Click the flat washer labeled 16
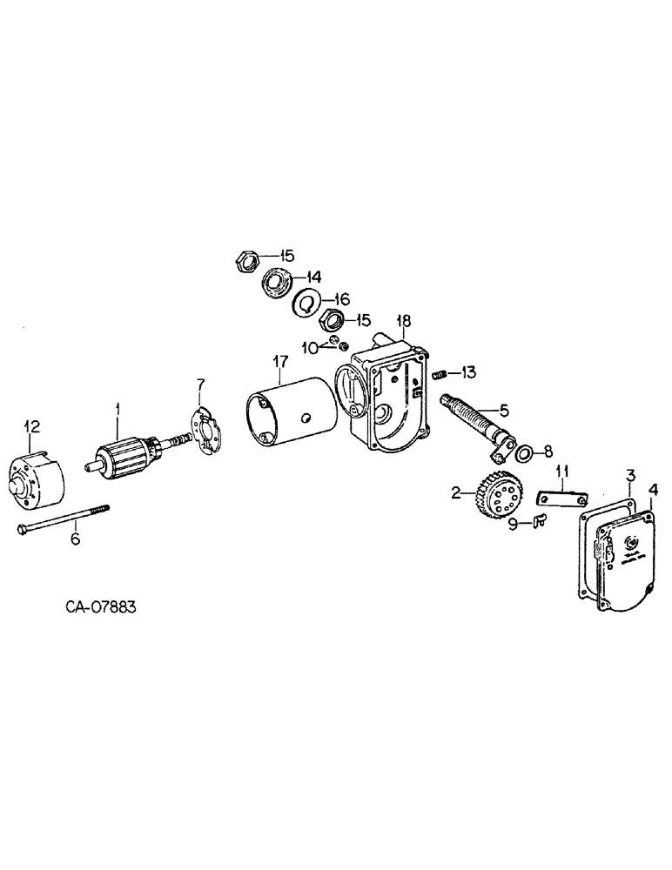[305, 303]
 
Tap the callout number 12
[31, 425]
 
